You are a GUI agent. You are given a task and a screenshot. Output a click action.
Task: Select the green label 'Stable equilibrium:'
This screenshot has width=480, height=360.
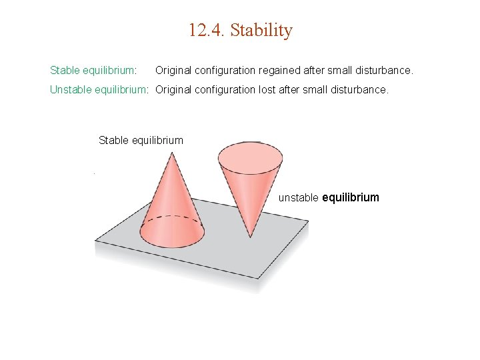coord(93,70)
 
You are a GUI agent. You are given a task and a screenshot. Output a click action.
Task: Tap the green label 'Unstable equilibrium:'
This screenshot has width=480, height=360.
coord(100,89)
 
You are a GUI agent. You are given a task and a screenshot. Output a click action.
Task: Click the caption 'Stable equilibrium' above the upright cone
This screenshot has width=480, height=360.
coord(141,140)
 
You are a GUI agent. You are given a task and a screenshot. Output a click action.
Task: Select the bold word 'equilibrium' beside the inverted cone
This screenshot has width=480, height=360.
coord(351,197)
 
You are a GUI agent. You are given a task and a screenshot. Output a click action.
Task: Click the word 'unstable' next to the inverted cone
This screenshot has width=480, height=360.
coord(299,197)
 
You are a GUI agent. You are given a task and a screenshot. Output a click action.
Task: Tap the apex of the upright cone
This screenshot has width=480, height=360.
coord(172,154)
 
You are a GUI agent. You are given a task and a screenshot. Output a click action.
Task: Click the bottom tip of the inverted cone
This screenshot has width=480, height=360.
coord(251,235)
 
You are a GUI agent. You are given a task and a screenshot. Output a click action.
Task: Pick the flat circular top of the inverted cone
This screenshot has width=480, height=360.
coord(250,155)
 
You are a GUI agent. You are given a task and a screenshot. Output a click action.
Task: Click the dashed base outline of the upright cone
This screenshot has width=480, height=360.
coord(172,218)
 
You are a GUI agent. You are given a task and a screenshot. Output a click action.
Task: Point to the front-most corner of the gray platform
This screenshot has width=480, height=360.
coord(259,277)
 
